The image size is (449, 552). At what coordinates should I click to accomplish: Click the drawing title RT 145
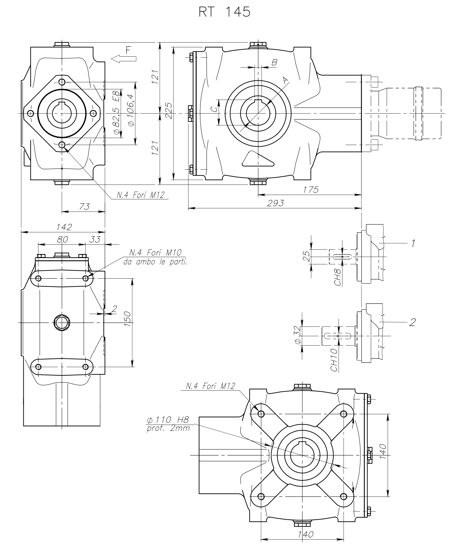[224, 12]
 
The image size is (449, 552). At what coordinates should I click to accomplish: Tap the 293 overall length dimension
[276, 204]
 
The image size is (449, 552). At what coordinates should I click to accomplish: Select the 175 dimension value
[311, 190]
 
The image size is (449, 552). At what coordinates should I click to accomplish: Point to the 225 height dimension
[169, 111]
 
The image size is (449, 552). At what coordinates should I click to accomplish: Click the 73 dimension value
[84, 207]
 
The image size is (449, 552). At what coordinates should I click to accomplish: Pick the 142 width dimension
[64, 227]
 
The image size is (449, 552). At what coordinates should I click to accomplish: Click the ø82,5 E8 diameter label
[117, 112]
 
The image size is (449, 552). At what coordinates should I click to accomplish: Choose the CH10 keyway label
[335, 360]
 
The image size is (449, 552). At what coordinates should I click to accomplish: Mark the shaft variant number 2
[412, 322]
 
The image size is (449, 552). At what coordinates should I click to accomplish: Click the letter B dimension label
[274, 63]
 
